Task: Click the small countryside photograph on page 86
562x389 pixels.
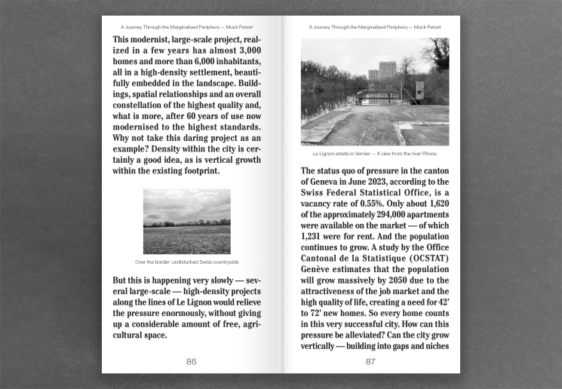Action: pos(187,221)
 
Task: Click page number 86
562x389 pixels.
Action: pos(192,362)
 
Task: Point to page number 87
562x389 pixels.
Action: pos(370,362)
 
